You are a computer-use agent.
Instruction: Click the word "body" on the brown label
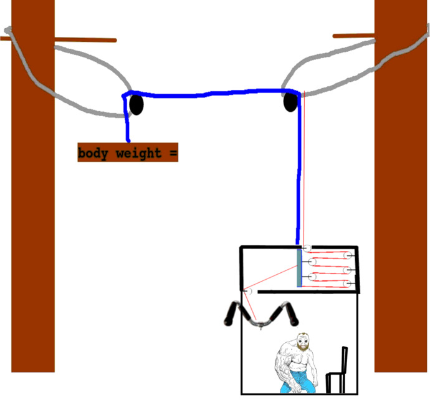(92, 153)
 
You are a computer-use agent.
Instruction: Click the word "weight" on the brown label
(139, 153)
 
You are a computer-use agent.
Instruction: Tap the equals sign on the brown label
(173, 153)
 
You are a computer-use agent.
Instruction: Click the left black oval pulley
(136, 104)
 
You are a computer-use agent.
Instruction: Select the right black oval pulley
(290, 102)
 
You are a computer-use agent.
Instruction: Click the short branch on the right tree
(353, 36)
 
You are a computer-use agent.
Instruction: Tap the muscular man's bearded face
(303, 342)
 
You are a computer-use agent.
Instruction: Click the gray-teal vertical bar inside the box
(299, 268)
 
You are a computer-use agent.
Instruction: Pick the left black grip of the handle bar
(231, 313)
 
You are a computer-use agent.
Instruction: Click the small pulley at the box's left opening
(249, 290)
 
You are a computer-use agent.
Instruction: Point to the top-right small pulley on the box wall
(348, 255)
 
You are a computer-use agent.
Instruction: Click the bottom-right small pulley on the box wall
(347, 283)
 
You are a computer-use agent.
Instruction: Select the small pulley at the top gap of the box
(307, 248)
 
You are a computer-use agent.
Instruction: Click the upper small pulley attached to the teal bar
(312, 262)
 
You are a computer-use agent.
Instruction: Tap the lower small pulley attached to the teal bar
(312, 277)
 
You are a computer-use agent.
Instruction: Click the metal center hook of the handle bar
(260, 326)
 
